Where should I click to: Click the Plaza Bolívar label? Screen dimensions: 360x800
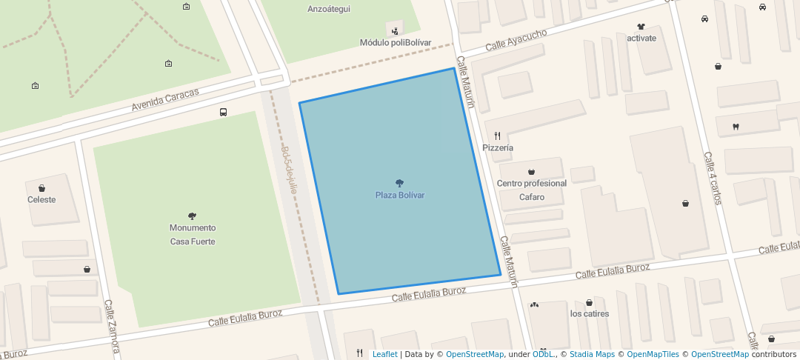click(x=399, y=195)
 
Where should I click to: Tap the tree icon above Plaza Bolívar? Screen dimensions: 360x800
click(x=400, y=183)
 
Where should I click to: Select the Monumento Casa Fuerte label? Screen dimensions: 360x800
click(x=193, y=235)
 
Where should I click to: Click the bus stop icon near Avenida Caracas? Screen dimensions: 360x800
click(x=223, y=113)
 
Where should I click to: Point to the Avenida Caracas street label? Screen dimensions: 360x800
click(x=165, y=100)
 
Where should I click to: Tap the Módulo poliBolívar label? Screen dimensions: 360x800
click(x=396, y=43)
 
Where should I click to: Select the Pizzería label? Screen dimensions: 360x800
click(x=498, y=148)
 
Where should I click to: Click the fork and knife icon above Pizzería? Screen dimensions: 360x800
click(x=498, y=136)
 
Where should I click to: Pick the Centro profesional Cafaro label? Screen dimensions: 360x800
click(x=532, y=190)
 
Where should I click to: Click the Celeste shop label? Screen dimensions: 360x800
click(x=41, y=200)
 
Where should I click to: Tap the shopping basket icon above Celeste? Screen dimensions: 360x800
click(x=41, y=188)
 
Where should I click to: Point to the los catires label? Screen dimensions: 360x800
click(x=590, y=314)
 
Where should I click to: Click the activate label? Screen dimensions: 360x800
click(x=641, y=39)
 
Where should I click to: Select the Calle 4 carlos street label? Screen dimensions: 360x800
click(x=712, y=179)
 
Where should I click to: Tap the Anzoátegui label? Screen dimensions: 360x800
click(x=329, y=10)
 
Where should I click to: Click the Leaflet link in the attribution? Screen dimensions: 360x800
click(x=384, y=355)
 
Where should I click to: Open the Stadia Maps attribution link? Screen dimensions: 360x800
click(x=592, y=355)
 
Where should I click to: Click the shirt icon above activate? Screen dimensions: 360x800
click(x=641, y=27)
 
